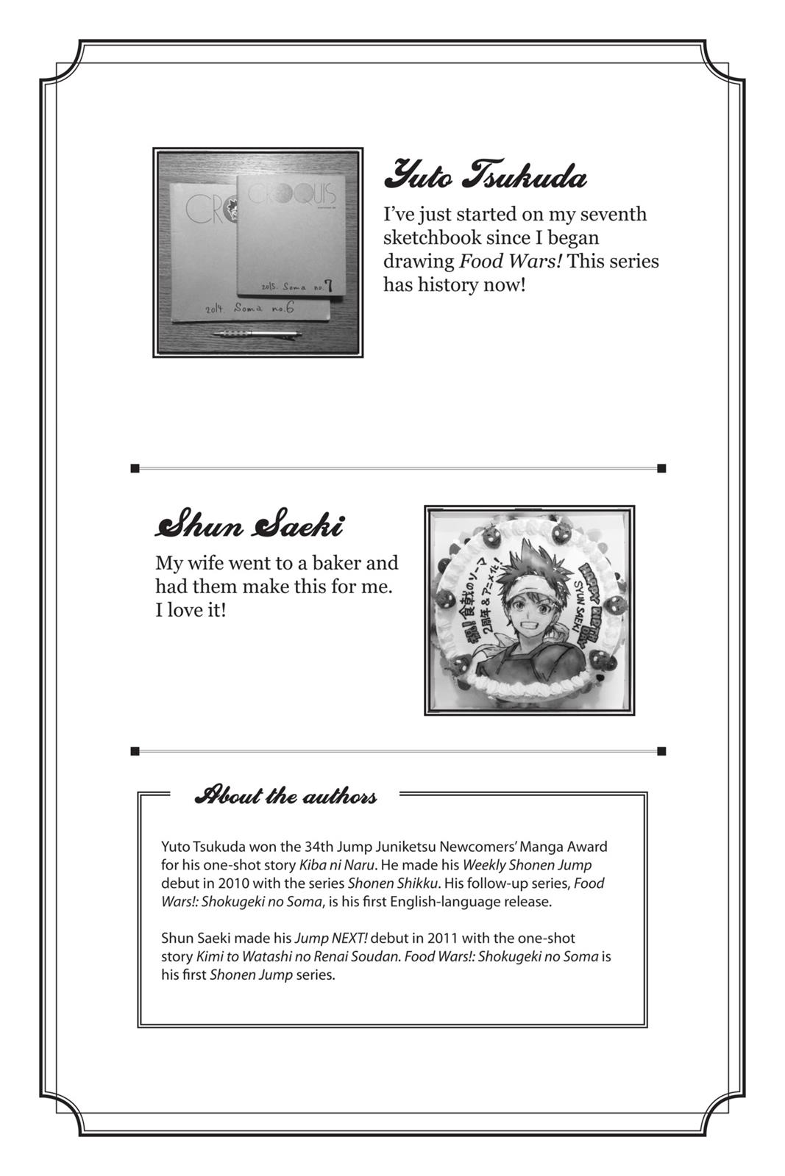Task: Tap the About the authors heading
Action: click(285, 796)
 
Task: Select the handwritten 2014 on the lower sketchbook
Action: click(215, 311)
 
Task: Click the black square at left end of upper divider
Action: click(135, 468)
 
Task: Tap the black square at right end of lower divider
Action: click(661, 751)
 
